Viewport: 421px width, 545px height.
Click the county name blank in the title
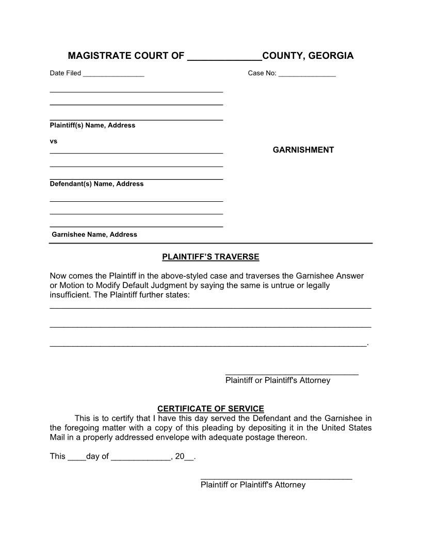(224, 57)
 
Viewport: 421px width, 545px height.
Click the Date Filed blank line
(114, 74)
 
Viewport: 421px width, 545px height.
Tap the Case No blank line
(307, 74)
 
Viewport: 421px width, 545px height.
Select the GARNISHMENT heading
(303, 150)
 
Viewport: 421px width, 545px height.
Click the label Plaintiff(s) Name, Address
(92, 125)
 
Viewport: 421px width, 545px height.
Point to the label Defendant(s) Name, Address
(96, 184)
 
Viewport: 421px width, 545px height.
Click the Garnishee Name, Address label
(94, 235)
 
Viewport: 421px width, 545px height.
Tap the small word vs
(53, 141)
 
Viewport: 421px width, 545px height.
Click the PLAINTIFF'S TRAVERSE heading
(211, 257)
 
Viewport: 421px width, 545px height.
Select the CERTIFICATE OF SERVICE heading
(211, 409)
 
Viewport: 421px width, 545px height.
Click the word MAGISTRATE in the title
(100, 56)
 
